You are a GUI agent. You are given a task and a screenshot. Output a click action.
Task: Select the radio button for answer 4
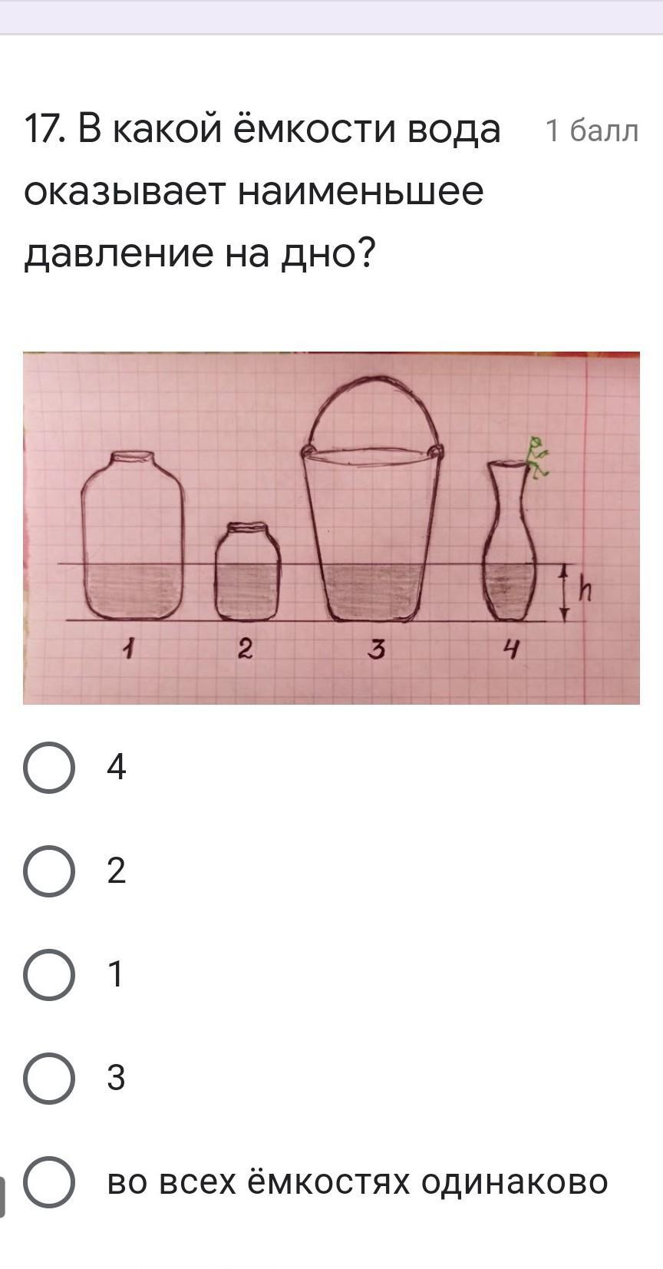(x=48, y=767)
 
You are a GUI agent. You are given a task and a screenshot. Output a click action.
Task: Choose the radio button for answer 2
(x=48, y=871)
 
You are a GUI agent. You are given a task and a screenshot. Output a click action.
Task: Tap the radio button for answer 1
(x=48, y=974)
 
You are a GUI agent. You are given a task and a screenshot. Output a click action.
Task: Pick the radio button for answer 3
(x=48, y=1078)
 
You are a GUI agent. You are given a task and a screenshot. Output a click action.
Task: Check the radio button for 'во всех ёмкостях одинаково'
(x=48, y=1181)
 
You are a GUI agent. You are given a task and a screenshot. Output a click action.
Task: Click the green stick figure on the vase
(x=537, y=458)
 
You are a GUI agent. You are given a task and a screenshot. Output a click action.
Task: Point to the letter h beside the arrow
(x=585, y=590)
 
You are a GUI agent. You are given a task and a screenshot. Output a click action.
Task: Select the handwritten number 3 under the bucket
(x=377, y=649)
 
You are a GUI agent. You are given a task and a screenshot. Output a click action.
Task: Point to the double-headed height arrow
(x=564, y=593)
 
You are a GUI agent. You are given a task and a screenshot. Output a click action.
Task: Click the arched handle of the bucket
(x=371, y=377)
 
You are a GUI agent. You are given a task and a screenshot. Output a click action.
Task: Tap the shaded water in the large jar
(x=133, y=592)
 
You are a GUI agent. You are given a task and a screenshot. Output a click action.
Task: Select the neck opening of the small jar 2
(x=247, y=527)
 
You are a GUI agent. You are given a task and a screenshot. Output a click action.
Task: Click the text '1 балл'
(x=592, y=131)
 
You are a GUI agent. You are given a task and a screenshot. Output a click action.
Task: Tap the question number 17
(x=43, y=130)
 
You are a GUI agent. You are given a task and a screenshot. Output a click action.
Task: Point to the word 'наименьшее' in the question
(x=361, y=192)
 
